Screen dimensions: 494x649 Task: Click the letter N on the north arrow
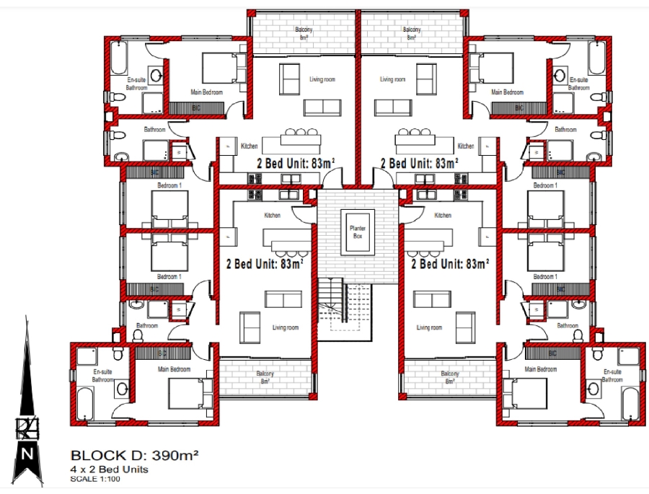pos(27,454)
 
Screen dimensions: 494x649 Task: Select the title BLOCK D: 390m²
pos(134,456)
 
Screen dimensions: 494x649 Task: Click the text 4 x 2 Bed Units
pos(109,469)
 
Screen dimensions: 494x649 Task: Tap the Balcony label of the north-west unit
pos(304,33)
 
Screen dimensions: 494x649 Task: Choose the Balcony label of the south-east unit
pos(450,376)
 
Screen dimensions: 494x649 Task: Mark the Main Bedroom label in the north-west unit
pos(206,92)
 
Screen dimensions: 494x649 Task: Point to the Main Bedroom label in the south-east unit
pos(541,369)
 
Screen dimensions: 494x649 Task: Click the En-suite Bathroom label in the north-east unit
pos(578,84)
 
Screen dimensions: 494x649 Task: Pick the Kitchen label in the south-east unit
pos(443,216)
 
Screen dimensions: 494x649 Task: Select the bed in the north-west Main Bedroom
pos(218,69)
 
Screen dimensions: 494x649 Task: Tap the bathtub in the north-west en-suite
pos(118,55)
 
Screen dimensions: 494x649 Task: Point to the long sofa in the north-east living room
pos(394,107)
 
